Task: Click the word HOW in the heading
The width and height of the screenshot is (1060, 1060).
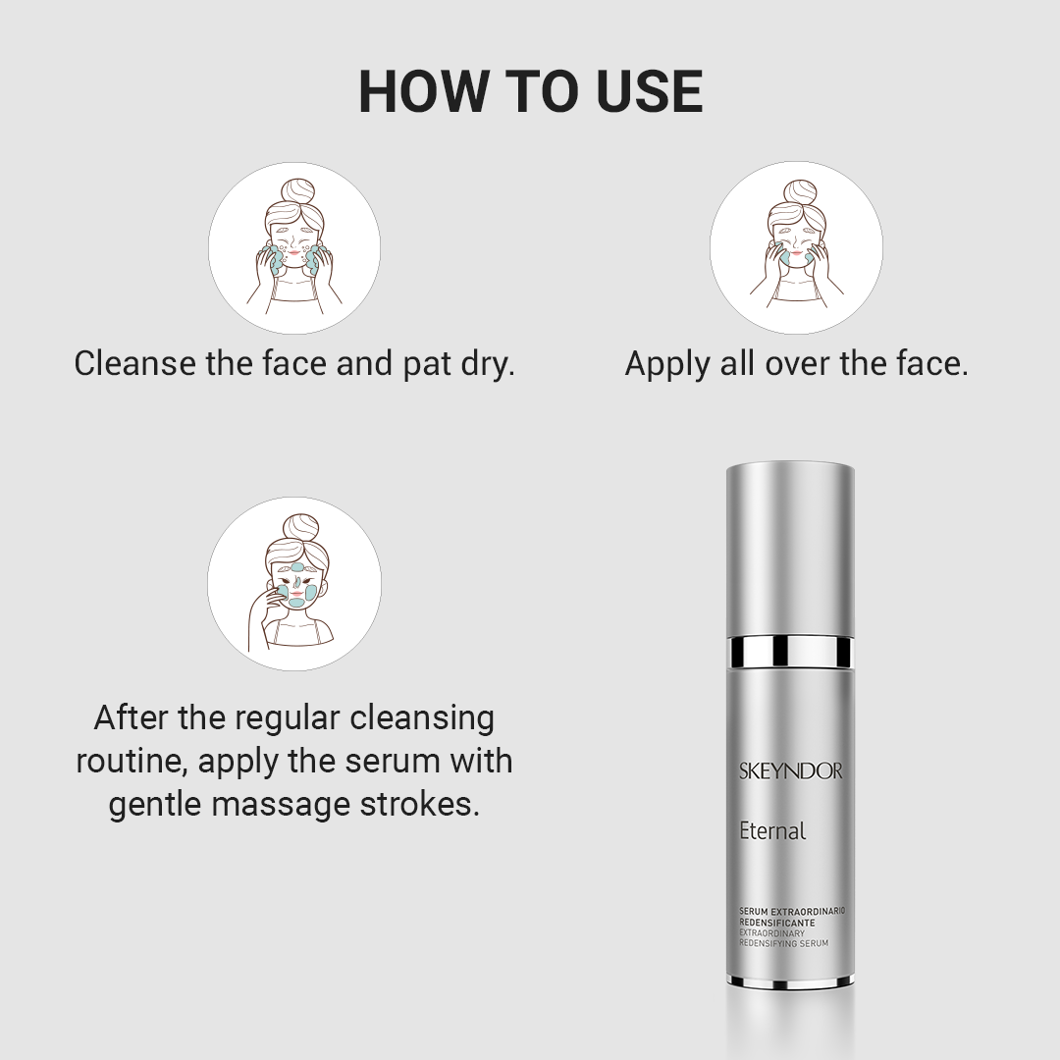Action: tap(423, 91)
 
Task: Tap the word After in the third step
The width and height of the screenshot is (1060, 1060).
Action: tap(132, 717)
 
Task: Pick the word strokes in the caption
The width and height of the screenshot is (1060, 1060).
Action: tap(420, 805)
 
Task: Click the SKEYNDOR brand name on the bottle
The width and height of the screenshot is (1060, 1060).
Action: tap(790, 771)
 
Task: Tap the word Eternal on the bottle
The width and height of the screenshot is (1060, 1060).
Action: tap(772, 830)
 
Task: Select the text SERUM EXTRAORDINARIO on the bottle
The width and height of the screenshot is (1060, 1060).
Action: tap(792, 911)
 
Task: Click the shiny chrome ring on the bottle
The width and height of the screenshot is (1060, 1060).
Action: tap(790, 651)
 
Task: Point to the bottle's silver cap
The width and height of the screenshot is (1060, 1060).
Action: tap(790, 549)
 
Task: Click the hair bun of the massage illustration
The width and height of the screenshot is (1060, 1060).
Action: tap(298, 529)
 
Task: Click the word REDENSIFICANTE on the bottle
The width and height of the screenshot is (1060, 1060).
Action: tap(777, 922)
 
